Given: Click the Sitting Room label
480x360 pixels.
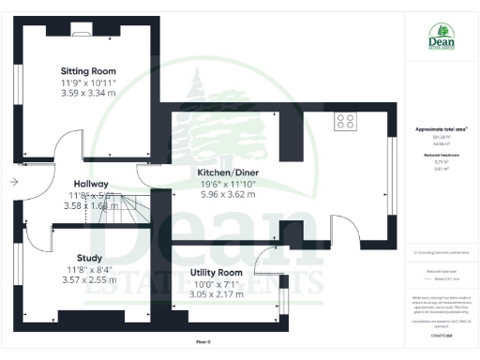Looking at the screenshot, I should tap(88, 71).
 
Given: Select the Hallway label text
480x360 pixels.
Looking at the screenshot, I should tap(92, 184).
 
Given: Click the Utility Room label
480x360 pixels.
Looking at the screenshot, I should tap(217, 273).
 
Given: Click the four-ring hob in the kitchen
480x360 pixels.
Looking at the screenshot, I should tap(346, 121).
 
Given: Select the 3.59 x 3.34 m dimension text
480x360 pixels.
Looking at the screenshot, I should tap(88, 93).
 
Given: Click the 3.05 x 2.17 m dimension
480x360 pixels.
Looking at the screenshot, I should tap(217, 293).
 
